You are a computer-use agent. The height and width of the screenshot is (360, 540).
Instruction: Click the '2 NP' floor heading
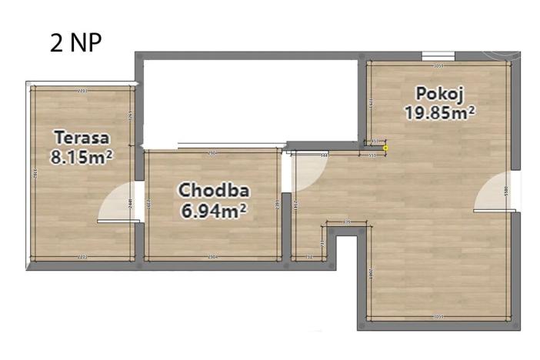click(75, 42)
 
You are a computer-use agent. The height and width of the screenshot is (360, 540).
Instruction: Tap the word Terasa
click(82, 138)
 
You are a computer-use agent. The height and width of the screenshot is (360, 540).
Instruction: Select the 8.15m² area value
click(82, 157)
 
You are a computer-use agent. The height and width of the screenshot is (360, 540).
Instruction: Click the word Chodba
click(213, 190)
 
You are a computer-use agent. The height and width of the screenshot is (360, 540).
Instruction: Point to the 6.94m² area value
click(213, 209)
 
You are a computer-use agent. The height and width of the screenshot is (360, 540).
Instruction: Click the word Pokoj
click(438, 94)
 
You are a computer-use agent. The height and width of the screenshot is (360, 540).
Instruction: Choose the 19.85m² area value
click(439, 112)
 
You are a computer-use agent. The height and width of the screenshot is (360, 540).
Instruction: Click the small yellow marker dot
click(385, 148)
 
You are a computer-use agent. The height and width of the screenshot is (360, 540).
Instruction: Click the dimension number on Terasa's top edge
click(82, 91)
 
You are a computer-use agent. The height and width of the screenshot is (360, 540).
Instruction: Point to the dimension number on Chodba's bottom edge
click(213, 256)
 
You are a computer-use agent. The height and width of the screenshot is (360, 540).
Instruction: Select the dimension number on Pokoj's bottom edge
click(438, 316)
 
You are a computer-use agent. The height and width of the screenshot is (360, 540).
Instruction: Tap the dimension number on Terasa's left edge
click(34, 174)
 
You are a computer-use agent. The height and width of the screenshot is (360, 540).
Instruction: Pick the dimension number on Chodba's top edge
click(213, 154)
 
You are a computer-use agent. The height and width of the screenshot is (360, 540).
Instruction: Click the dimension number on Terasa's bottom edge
click(82, 256)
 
